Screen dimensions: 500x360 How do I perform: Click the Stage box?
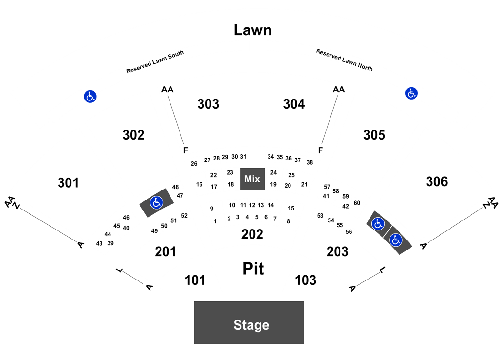coord(249,322)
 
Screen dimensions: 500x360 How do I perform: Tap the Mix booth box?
coord(252,179)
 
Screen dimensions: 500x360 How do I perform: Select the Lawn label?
coord(252,30)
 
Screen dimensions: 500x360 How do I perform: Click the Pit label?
coord(253,269)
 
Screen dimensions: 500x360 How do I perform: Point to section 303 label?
coord(208,104)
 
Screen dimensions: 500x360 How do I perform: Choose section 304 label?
coord(294,104)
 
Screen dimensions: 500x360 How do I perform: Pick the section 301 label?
coord(68,183)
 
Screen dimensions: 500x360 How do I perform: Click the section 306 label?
coord(437,182)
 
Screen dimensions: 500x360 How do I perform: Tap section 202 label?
coord(252,234)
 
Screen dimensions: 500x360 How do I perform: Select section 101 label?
coord(195,280)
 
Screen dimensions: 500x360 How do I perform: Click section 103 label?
coord(306,280)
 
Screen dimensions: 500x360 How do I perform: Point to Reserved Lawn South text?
coord(155,62)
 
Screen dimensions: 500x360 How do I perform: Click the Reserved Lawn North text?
coord(344,60)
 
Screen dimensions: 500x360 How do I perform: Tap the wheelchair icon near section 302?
coord(90,96)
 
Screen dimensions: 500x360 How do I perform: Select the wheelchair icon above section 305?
coord(411,93)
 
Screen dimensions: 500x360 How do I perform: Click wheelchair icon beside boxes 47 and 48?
coord(157,202)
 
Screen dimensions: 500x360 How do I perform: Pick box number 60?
coord(357,203)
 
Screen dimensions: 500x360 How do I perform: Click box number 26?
coord(194,164)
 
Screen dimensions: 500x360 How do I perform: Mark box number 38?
coord(310,163)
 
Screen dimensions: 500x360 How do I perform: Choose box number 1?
coord(215,221)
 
